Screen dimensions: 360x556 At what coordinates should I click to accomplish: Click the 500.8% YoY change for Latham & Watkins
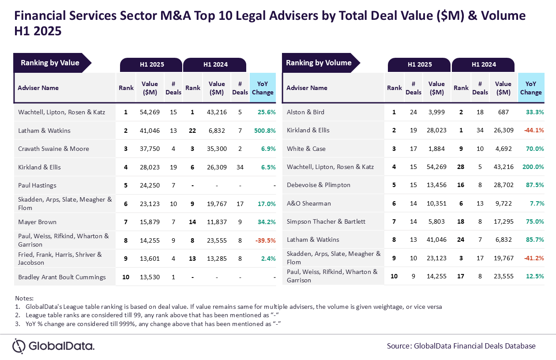[x=264, y=131]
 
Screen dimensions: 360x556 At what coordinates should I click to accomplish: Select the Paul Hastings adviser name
[x=37, y=185]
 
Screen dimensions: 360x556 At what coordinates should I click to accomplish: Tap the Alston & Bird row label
[x=305, y=112]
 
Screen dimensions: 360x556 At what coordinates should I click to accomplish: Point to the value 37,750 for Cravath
[x=150, y=149]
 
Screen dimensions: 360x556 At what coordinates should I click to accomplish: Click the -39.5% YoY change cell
[x=266, y=240]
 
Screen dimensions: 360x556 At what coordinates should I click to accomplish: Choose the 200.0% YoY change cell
[x=532, y=167]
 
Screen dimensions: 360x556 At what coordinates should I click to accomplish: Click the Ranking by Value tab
[x=50, y=63]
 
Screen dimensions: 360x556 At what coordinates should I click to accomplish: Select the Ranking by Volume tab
[x=319, y=63]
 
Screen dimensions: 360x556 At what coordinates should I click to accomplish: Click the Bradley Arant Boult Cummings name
[x=62, y=277]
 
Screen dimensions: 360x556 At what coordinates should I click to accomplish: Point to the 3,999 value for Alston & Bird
[x=436, y=112]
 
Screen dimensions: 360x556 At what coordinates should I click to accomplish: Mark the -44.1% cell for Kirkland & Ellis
[x=533, y=130]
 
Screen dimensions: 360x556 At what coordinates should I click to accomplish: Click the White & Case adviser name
[x=306, y=149]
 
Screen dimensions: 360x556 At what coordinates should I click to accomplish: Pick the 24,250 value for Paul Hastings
[x=150, y=185]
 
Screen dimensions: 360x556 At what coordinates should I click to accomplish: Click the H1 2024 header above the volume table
[x=484, y=64]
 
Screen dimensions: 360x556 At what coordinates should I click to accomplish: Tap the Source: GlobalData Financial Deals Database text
[x=461, y=346]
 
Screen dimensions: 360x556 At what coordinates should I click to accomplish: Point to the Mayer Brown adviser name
[x=37, y=222]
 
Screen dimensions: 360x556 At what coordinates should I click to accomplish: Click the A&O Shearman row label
[x=308, y=203]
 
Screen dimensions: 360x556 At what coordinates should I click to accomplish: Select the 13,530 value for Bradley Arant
[x=150, y=277]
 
